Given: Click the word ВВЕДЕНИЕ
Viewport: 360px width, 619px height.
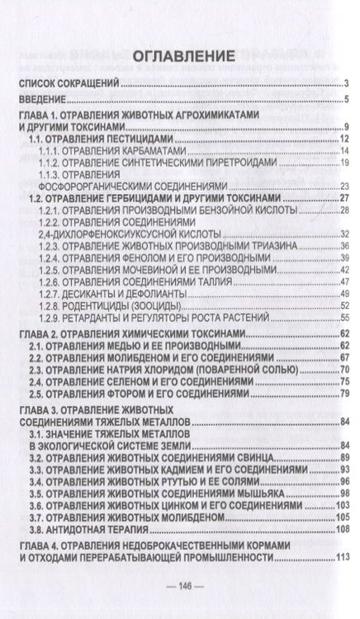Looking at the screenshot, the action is tap(46, 100).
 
